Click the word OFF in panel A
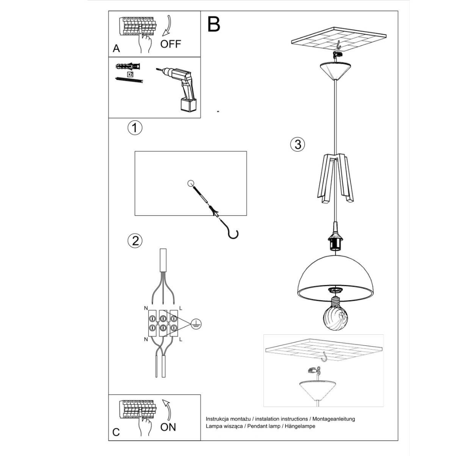[171, 44]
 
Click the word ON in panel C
[168, 427]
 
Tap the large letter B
[214, 24]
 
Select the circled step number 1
[135, 128]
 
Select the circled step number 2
[135, 241]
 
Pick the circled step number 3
[298, 144]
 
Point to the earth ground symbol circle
[196, 324]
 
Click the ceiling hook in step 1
[231, 233]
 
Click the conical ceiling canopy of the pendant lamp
[336, 71]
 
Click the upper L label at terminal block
[181, 308]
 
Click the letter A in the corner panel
[117, 49]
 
